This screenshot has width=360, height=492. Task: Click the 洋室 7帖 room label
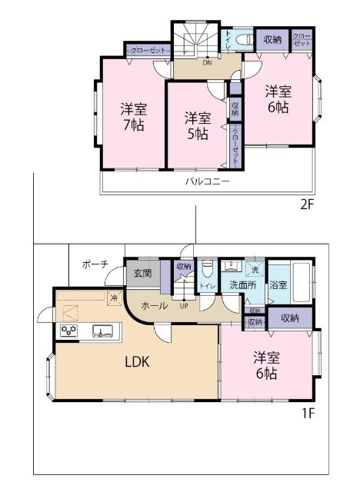click(x=133, y=115)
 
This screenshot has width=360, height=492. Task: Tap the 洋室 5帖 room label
click(x=197, y=125)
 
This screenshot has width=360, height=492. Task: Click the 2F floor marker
click(x=308, y=205)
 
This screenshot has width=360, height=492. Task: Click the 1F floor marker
click(x=308, y=413)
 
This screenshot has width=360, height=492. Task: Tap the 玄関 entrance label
click(x=142, y=273)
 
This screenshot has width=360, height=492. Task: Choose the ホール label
click(x=155, y=305)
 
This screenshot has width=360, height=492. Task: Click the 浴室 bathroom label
click(x=278, y=285)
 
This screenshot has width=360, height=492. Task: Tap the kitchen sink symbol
click(x=102, y=332)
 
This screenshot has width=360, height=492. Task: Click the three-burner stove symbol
click(x=68, y=332)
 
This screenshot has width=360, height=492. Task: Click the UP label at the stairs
click(x=183, y=305)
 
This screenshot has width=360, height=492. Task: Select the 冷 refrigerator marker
click(x=113, y=298)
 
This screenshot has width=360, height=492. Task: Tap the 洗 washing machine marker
click(x=255, y=270)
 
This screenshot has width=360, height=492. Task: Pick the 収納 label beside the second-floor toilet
click(x=272, y=39)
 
